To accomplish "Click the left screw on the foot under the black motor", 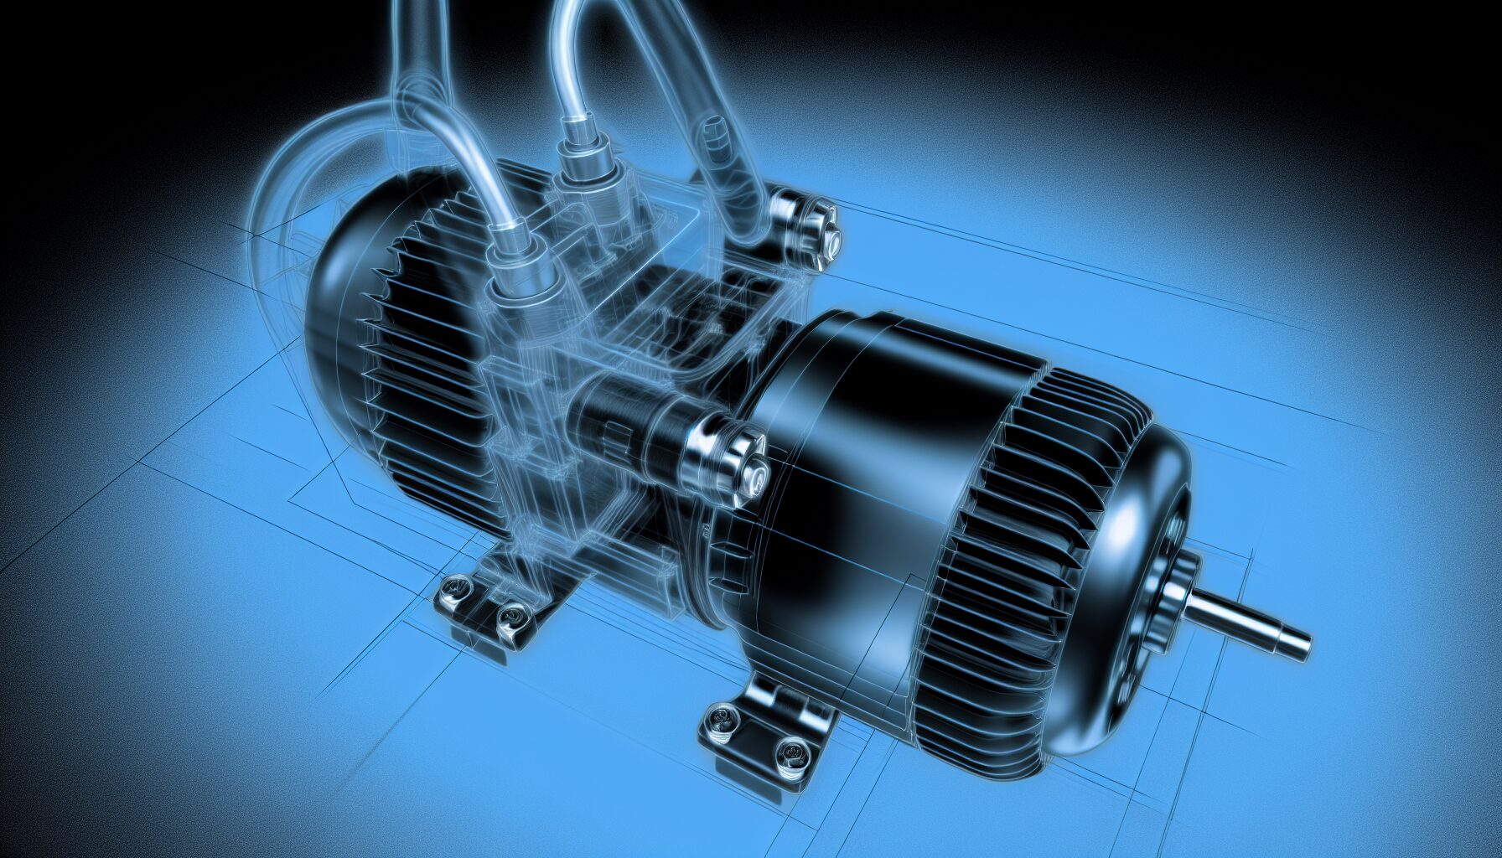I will point(718,716).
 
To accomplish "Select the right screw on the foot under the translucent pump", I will point(509,618).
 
